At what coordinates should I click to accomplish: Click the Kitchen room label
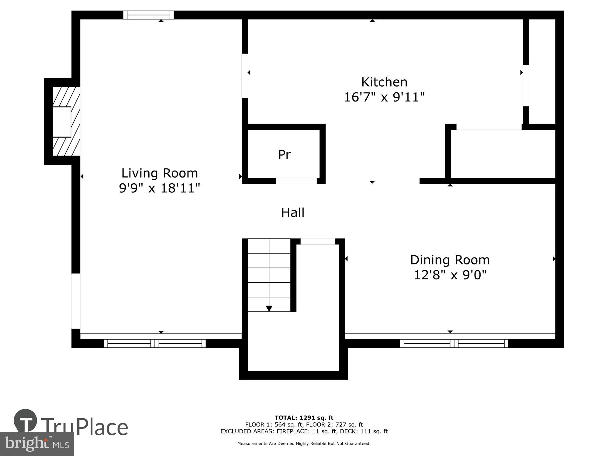click(x=384, y=82)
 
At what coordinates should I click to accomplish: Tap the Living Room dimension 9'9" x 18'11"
click(x=159, y=188)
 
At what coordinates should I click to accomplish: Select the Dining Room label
click(x=450, y=260)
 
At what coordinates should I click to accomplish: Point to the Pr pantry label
click(x=284, y=155)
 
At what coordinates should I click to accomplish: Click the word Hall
click(x=292, y=213)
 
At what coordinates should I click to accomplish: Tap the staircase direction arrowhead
click(x=269, y=309)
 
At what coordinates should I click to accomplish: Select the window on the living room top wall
click(x=148, y=15)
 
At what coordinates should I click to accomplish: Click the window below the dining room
click(x=454, y=344)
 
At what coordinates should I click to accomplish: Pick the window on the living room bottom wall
click(x=155, y=344)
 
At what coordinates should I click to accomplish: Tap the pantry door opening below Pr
click(x=296, y=181)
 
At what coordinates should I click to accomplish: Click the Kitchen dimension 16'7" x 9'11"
click(x=384, y=98)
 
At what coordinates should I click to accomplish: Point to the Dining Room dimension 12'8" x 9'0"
click(x=450, y=275)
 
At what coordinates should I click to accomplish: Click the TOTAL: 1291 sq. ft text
click(x=304, y=418)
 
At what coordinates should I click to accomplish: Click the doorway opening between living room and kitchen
click(x=245, y=76)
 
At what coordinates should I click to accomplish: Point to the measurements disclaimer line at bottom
click(x=304, y=444)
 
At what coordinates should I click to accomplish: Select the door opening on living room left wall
click(x=76, y=301)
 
